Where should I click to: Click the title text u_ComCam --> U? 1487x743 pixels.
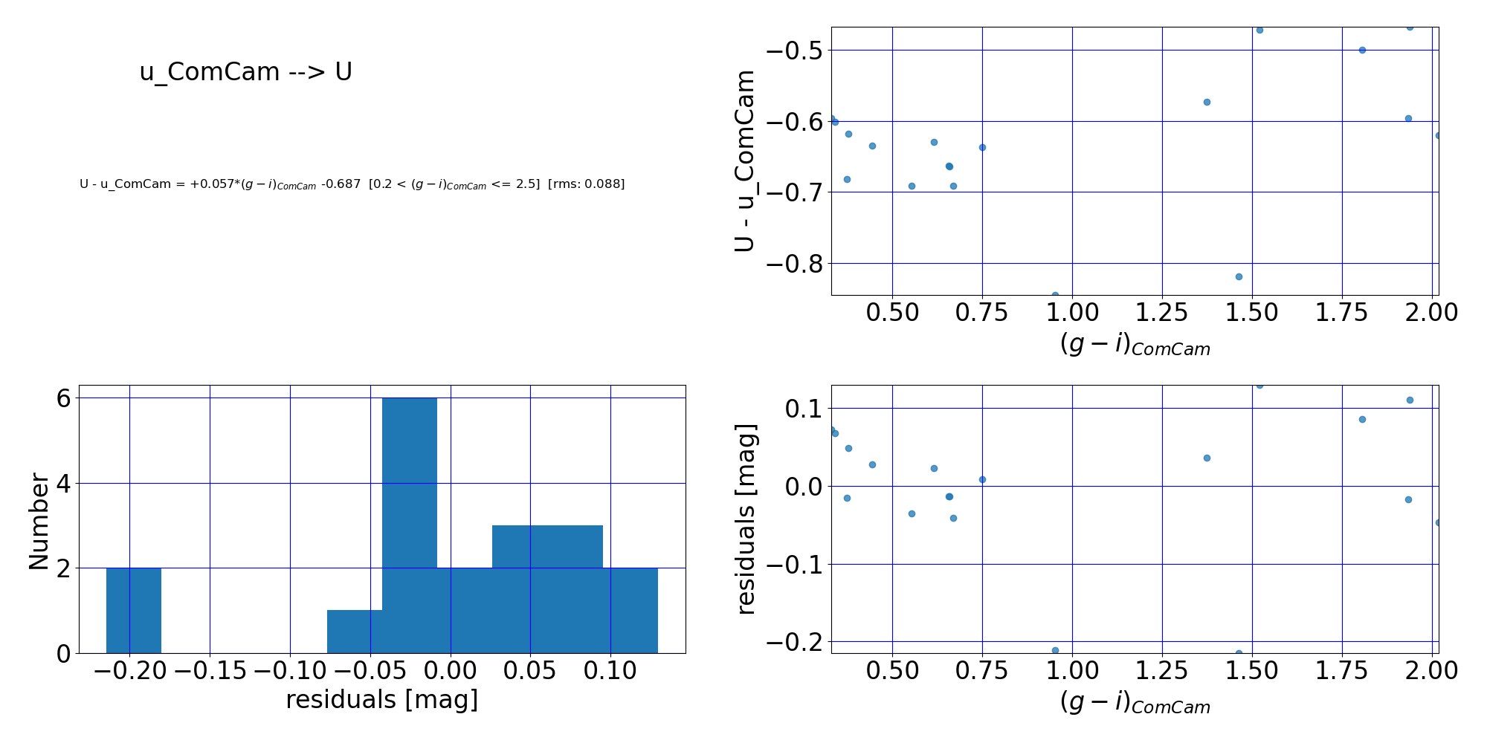(245, 72)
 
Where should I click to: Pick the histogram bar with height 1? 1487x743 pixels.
(355, 632)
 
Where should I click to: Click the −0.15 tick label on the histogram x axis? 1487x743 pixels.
(210, 671)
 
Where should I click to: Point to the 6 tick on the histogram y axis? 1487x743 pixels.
(63, 398)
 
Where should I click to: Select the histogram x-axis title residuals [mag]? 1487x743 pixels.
(382, 700)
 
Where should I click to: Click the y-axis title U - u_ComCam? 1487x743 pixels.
(744, 160)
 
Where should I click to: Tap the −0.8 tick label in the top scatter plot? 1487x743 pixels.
(794, 264)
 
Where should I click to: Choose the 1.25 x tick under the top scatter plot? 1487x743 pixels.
(1162, 312)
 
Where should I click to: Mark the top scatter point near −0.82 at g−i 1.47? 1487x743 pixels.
(1239, 276)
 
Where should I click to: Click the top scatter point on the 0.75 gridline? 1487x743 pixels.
(982, 147)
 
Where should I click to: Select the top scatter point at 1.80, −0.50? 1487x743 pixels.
(1362, 50)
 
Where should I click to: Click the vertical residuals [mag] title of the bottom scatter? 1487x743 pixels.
(745, 519)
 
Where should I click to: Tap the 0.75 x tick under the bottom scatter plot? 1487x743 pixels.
(982, 671)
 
